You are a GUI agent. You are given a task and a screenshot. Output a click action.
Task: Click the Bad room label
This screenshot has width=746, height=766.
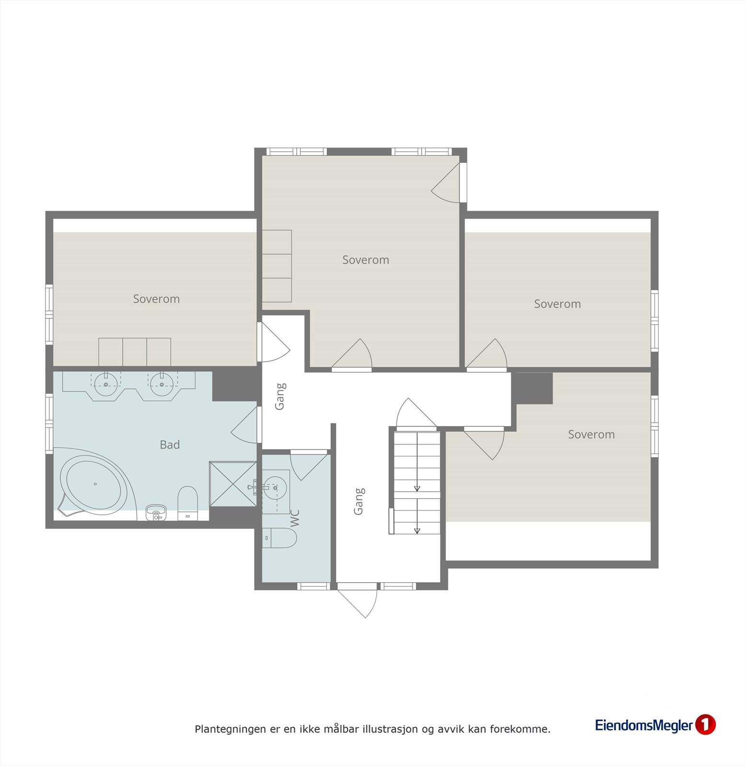click(x=170, y=445)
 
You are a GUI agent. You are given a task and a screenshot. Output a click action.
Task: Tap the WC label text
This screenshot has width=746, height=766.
click(x=295, y=518)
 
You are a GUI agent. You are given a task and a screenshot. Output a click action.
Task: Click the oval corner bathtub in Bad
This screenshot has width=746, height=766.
click(x=94, y=484)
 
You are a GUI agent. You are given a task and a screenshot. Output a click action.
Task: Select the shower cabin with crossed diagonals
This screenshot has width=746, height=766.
click(x=233, y=484)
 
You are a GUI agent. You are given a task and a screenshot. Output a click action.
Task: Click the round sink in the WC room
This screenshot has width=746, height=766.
click(x=275, y=487)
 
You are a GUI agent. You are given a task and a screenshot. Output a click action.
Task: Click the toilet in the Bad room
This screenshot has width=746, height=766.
click(x=187, y=502)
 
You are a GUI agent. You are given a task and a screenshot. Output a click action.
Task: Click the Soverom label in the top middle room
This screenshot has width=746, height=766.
click(x=366, y=260)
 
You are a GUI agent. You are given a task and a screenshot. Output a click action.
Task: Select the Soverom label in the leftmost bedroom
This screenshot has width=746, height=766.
click(x=156, y=299)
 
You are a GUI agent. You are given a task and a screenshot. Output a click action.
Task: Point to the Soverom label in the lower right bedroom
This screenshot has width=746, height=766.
click(x=591, y=434)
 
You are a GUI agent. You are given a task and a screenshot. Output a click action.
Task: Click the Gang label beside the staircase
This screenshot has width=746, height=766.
click(x=359, y=501)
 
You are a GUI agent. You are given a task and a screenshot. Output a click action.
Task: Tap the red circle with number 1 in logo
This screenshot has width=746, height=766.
click(x=705, y=724)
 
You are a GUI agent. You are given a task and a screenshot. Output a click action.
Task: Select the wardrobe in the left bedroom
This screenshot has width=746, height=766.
click(x=135, y=352)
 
